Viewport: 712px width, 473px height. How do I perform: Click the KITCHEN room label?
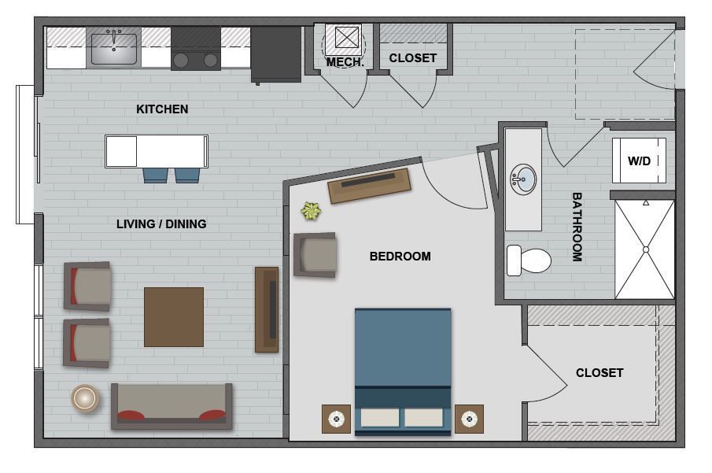tap(162, 109)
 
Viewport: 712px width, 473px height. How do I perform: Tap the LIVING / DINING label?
tap(161, 224)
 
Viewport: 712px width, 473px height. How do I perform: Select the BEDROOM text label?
tap(400, 256)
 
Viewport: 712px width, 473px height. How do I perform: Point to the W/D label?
tap(639, 161)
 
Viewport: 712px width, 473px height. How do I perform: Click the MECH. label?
tap(345, 62)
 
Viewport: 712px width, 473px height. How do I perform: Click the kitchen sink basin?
tap(114, 48)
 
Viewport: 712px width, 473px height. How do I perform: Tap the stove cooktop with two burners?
tap(195, 49)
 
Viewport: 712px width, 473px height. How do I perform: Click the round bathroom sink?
tap(522, 179)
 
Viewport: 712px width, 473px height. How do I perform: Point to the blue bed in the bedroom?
tap(403, 370)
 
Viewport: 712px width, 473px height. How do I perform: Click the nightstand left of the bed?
tap(336, 419)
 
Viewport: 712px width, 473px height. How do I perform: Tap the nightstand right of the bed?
tap(469, 419)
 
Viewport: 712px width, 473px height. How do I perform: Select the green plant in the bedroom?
tap(312, 211)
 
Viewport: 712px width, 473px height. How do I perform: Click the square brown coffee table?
tap(174, 316)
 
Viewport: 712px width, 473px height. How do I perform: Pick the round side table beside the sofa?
tap(85, 398)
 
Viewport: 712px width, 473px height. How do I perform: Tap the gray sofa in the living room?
tap(172, 406)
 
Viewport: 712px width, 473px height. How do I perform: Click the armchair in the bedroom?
tap(315, 254)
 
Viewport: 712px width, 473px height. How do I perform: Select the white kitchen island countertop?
tap(157, 151)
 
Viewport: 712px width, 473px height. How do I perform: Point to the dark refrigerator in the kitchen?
tap(276, 54)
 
